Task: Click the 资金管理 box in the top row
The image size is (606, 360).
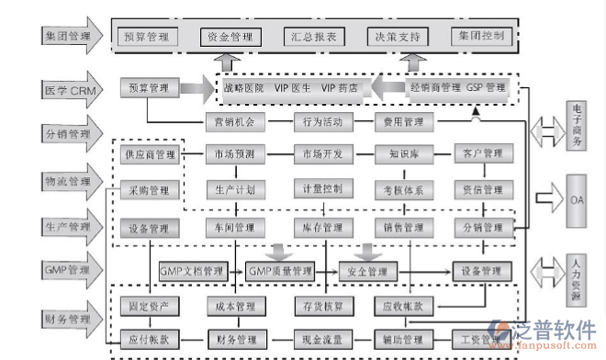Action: coord(230,37)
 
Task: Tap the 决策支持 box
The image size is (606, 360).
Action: coord(396,37)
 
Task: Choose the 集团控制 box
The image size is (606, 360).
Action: coord(479,37)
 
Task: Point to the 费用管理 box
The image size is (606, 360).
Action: coord(402,120)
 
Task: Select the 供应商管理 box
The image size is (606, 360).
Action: coord(149,153)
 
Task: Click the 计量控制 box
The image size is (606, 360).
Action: coord(321,190)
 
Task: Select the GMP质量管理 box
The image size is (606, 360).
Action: coord(279,271)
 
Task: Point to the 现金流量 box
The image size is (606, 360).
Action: coord(321,339)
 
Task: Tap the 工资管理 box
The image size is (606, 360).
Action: coord(478,339)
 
